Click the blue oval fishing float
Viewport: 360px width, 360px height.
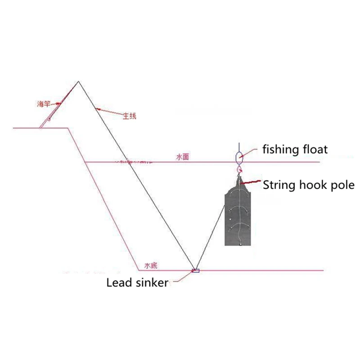(x=239, y=157)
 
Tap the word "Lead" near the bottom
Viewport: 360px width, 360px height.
(x=118, y=283)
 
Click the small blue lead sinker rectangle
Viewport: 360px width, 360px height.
(x=195, y=270)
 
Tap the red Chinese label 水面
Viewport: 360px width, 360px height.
(x=182, y=157)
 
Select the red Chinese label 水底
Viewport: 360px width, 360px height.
(x=150, y=265)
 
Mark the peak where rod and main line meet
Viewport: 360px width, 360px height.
(x=79, y=81)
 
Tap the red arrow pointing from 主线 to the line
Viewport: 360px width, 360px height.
(x=110, y=111)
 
